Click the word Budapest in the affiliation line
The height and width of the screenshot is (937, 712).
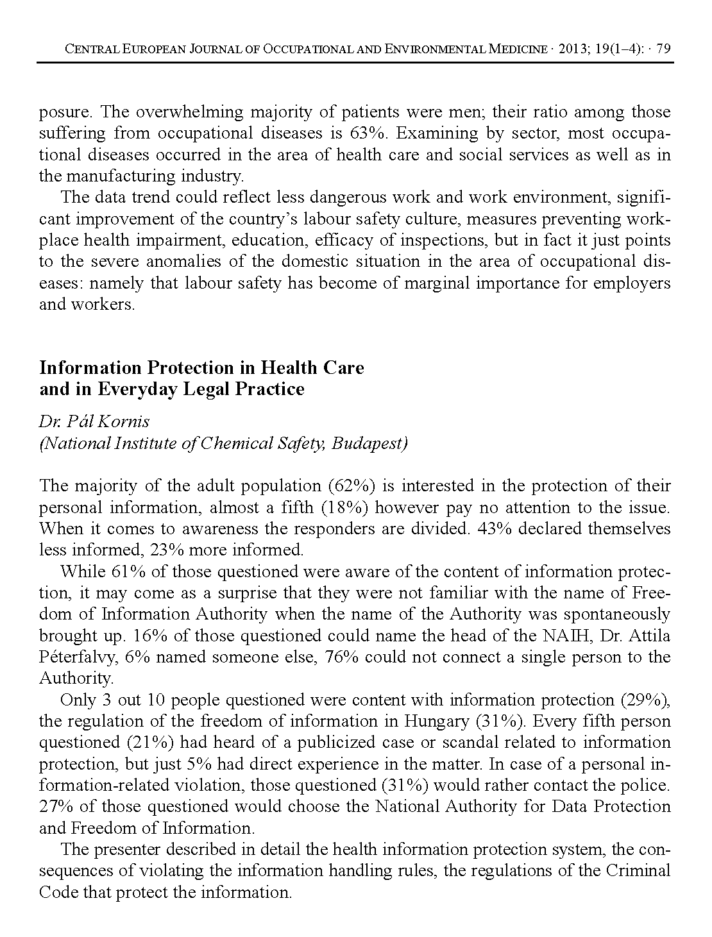point(369,444)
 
